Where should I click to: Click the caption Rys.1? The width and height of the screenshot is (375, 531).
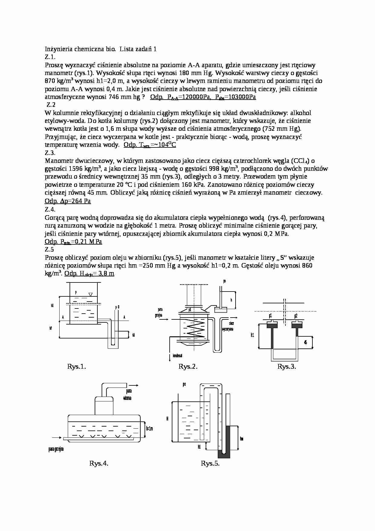(77, 367)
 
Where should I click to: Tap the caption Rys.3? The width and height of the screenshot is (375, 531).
(286, 367)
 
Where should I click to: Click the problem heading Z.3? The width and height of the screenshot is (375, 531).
(50, 153)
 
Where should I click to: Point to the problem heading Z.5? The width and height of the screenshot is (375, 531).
(49, 249)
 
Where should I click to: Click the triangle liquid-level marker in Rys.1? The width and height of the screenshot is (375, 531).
(90, 294)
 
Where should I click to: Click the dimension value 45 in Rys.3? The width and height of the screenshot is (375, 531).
(305, 342)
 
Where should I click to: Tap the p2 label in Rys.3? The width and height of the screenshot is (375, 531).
(296, 316)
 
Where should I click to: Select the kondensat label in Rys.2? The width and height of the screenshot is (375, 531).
(177, 356)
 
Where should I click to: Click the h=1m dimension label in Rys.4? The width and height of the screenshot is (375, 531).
(149, 428)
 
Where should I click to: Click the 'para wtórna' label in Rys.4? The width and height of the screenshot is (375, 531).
(127, 394)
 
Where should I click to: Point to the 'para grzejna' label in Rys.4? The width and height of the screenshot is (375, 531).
(56, 449)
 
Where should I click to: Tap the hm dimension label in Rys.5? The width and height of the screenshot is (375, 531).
(242, 439)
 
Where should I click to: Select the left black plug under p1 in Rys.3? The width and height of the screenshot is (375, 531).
(272, 325)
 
